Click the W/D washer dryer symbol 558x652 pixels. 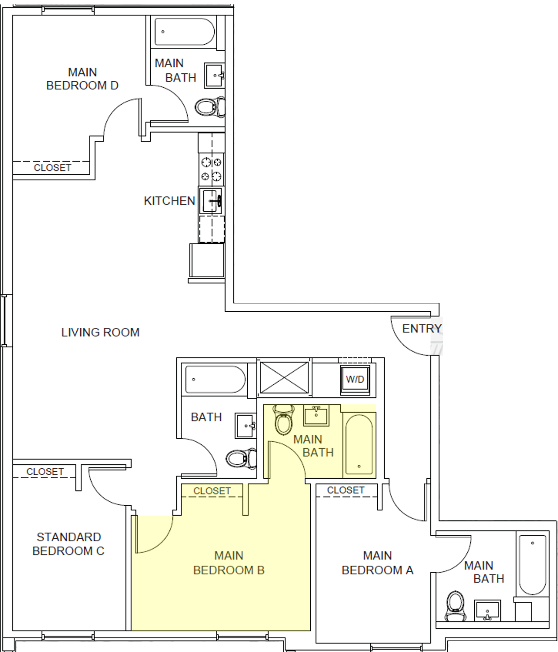[x=355, y=379]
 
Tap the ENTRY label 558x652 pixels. [x=422, y=328]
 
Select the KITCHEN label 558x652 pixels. [x=169, y=201]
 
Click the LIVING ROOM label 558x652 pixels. [x=100, y=332]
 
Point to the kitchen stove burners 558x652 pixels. [x=211, y=169]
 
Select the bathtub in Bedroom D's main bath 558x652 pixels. [x=184, y=32]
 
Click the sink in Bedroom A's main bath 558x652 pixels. [x=488, y=611]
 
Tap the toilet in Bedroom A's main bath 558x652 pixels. [x=456, y=605]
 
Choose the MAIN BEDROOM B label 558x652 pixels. [x=229, y=563]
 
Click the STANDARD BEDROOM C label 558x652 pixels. [x=68, y=544]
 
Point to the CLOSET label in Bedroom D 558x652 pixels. [x=52, y=167]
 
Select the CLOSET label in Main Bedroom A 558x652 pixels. [x=346, y=490]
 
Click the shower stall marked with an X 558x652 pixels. [x=284, y=378]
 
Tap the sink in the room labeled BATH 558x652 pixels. [x=245, y=425]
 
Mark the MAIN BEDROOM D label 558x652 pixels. [x=82, y=79]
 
